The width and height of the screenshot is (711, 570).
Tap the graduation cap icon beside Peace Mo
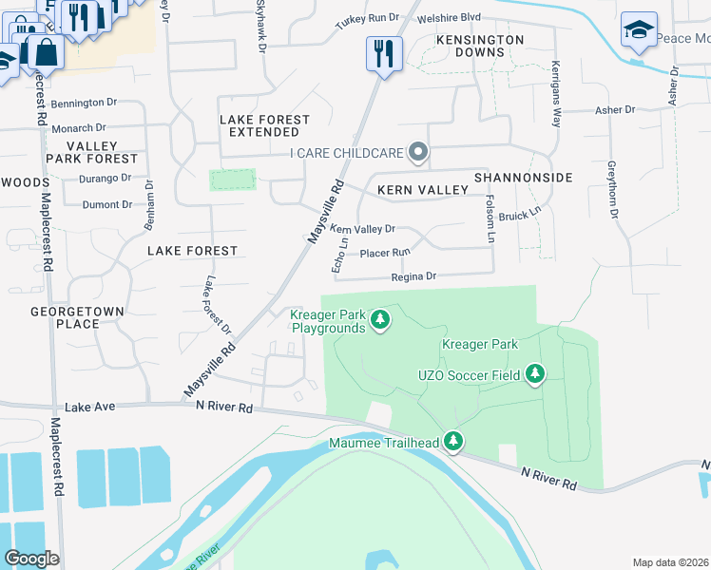tap(639, 30)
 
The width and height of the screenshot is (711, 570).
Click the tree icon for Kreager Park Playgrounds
tap(380, 319)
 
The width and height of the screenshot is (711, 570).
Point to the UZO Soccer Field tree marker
tap(535, 374)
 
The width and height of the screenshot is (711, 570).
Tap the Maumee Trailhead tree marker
tap(454, 441)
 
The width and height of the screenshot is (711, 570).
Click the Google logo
tap(31, 559)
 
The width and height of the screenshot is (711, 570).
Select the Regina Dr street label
tap(413, 276)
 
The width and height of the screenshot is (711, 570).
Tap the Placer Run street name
tap(385, 253)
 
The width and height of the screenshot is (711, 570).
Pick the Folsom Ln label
tap(490, 218)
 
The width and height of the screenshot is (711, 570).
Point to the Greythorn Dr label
tap(613, 188)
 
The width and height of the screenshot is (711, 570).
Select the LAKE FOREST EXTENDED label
tap(264, 125)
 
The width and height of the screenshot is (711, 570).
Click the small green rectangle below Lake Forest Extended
tap(233, 180)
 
